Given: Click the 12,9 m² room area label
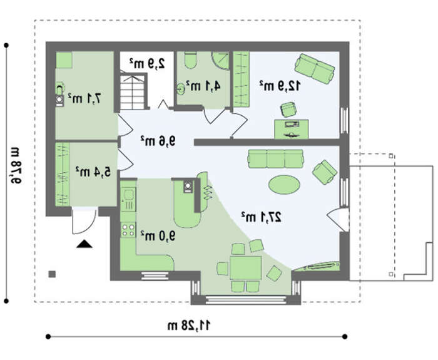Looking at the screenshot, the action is pos(280,86).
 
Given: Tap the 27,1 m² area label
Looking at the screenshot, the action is pos(262,217).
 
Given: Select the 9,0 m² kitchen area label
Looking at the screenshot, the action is pos(158,236).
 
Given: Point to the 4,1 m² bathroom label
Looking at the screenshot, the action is pos(203,86).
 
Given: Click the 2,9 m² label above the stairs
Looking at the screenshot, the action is pos(147,64).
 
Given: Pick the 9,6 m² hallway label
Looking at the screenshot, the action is pos(158,141).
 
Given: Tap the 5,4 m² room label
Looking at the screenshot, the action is pos(93,172).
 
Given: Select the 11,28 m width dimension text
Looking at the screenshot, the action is pos(189,326).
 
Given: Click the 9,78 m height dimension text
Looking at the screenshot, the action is pos(16,165).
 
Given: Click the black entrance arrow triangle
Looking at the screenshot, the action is pos(84,244).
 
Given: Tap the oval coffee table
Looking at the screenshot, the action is pos(284,185).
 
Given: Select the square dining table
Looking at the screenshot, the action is pos(246,267).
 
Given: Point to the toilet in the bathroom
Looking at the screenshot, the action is pos(191,60).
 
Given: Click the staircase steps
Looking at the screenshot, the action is pos(133,91).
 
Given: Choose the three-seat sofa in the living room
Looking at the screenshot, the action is pos(276,159).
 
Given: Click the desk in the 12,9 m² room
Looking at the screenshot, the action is pos(292,129).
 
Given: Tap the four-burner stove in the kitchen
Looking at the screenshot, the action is pos(128,230).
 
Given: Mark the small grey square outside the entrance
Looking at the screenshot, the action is pos(52,274).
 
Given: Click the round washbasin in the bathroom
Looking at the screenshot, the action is pos(181,89).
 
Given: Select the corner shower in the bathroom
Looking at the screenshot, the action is pos(221,61).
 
